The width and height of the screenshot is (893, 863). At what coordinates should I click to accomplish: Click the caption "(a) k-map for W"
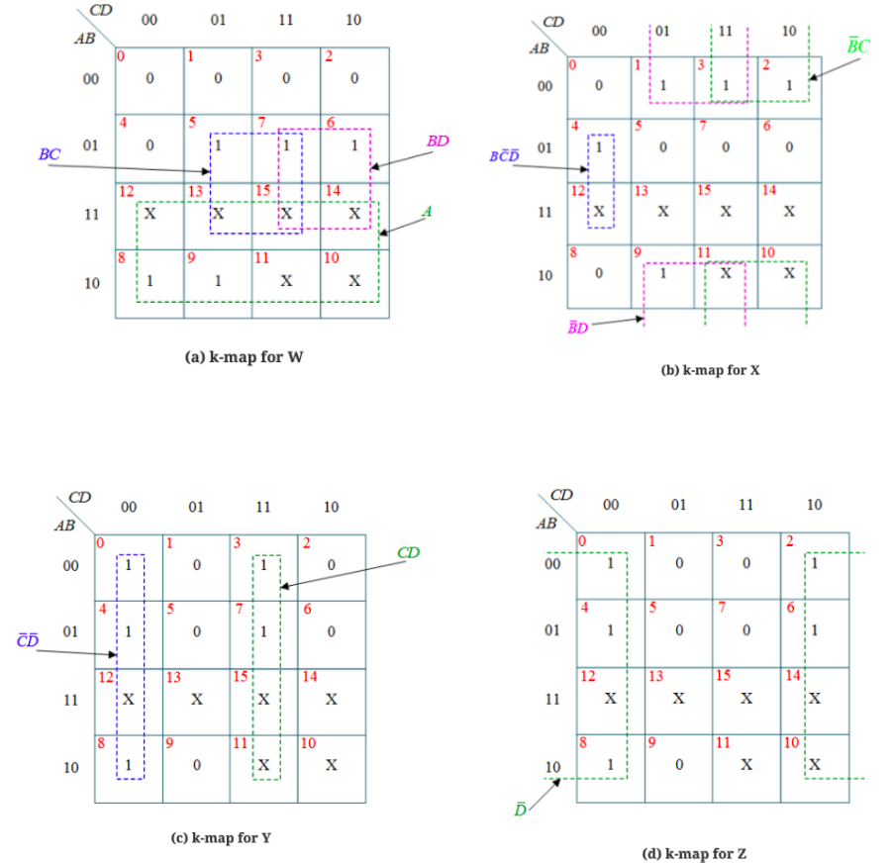pos(244,357)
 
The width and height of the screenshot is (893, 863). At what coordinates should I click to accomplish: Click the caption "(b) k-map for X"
pos(710,370)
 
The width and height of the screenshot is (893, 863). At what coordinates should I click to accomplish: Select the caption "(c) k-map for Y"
pos(221,837)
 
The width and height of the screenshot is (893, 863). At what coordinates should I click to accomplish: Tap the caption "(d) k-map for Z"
pos(694,853)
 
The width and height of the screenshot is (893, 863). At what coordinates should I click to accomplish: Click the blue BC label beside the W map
pos(49,154)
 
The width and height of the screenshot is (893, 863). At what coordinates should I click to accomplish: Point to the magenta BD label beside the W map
pos(438,141)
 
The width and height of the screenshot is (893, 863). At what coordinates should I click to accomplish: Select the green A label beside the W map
pos(427,211)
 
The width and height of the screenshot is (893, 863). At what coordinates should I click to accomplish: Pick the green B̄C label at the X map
pos(857,46)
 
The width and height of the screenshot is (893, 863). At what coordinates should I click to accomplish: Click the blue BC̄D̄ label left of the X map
pos(504,155)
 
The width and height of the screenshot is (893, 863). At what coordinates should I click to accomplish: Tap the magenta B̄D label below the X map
pos(577,328)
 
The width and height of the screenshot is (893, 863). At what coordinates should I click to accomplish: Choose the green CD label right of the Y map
pos(408,552)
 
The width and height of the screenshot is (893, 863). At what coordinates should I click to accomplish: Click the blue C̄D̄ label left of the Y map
pos(28,640)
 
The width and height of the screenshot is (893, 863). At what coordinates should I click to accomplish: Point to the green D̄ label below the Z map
pos(520,809)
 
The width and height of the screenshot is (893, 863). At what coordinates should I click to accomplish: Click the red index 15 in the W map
pos(262,190)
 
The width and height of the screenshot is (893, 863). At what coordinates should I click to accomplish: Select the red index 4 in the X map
pos(574,126)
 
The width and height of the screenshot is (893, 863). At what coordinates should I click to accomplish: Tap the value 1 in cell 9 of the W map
pos(218,281)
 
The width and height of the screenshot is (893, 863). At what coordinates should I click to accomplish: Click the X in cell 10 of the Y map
pos(331,765)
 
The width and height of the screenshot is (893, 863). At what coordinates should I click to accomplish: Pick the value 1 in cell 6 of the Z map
pos(815,630)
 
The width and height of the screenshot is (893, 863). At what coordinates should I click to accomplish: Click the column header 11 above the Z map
pos(745,505)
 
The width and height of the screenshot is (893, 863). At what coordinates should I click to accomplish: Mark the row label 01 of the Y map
pos(70,631)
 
